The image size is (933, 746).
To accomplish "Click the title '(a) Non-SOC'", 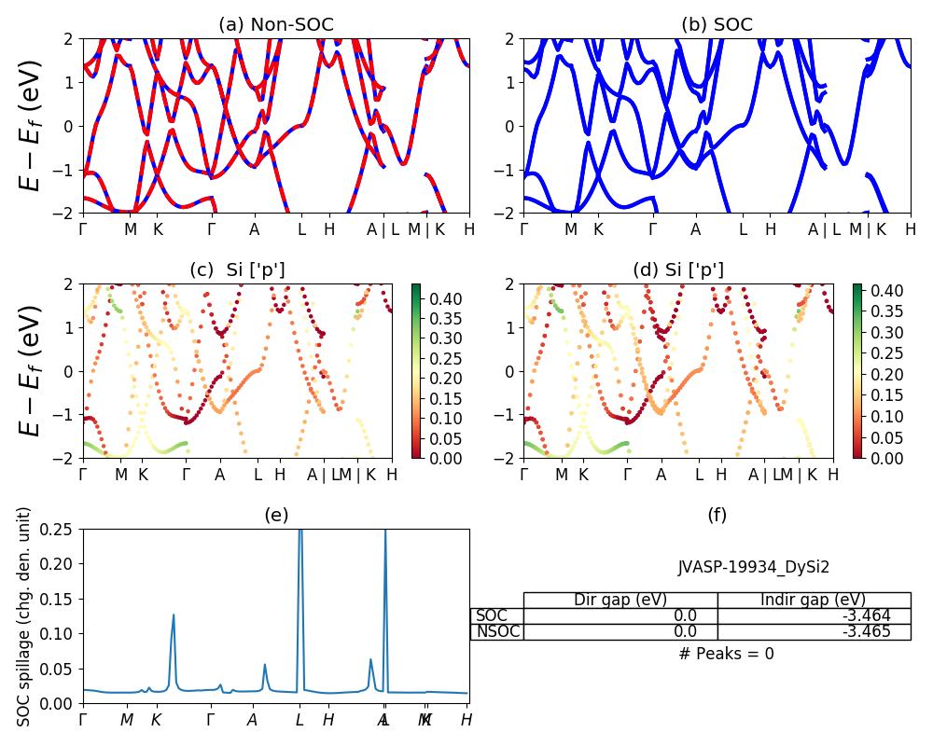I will coord(275,25).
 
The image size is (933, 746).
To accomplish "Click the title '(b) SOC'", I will coord(717,25).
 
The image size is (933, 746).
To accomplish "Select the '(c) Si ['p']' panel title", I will coord(237,269).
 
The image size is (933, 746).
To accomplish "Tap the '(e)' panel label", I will coord(275,515).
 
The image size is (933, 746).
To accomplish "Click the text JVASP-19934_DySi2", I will coord(754,566).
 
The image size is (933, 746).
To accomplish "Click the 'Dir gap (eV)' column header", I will coord(620,600).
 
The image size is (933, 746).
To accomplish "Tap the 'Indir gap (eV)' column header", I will coord(814,600).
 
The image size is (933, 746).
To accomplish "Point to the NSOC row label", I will coord(497,631).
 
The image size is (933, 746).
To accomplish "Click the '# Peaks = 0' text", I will coord(727,654).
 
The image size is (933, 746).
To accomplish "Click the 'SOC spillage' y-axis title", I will coord(25,616).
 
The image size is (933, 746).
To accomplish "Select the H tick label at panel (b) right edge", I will coord(910,228).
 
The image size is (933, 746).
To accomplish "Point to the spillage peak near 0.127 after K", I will coord(174,615).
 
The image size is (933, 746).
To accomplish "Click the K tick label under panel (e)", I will coord(157,720).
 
